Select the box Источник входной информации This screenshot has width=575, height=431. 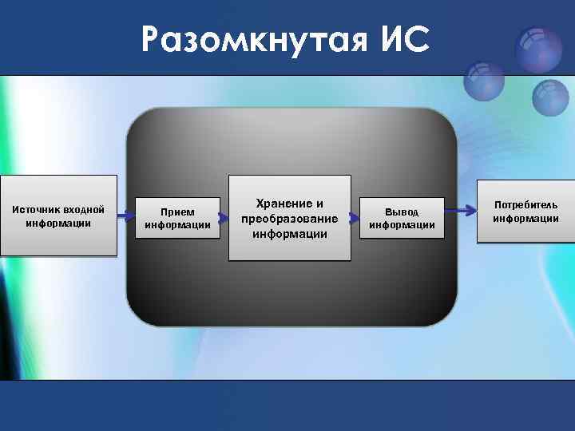(x=58, y=215)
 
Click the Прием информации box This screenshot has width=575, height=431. (x=177, y=218)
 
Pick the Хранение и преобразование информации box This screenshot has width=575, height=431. (x=290, y=218)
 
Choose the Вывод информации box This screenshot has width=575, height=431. (x=402, y=218)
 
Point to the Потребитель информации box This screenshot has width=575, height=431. (x=525, y=212)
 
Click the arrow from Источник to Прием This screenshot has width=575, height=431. (x=125, y=216)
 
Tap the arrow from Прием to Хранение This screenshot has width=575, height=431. (x=224, y=216)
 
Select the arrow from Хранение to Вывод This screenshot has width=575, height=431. (x=355, y=216)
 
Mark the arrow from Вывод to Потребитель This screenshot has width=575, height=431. (x=460, y=210)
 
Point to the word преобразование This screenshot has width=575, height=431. (x=290, y=219)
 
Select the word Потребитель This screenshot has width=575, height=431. (x=525, y=205)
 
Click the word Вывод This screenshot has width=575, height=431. (x=402, y=212)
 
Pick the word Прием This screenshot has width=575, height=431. (x=177, y=212)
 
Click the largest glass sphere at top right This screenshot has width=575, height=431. (x=538, y=49)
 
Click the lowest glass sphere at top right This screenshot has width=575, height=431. (x=550, y=99)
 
